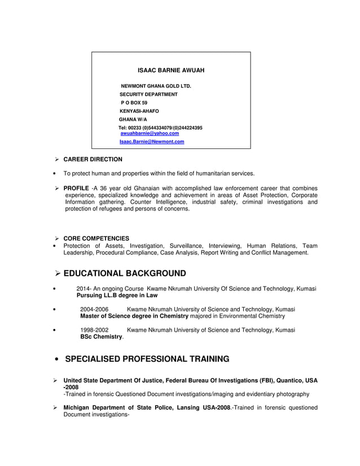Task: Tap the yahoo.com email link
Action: pyautogui.click(x=150, y=134)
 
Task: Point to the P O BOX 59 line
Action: pyautogui.click(x=134, y=103)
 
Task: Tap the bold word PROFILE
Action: pyautogui.click(x=76, y=188)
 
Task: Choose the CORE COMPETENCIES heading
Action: pyautogui.click(x=96, y=239)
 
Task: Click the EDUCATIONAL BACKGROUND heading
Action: pyautogui.click(x=125, y=274)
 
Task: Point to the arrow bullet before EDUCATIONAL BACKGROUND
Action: pyautogui.click(x=58, y=274)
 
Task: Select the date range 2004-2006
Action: pyautogui.click(x=94, y=310)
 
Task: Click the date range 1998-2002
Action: pyautogui.click(x=94, y=329)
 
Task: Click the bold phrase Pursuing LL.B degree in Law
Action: pyautogui.click(x=117, y=296)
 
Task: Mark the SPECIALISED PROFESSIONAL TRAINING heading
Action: pyautogui.click(x=147, y=359)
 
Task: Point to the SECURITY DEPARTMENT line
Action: pyautogui.click(x=148, y=94)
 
